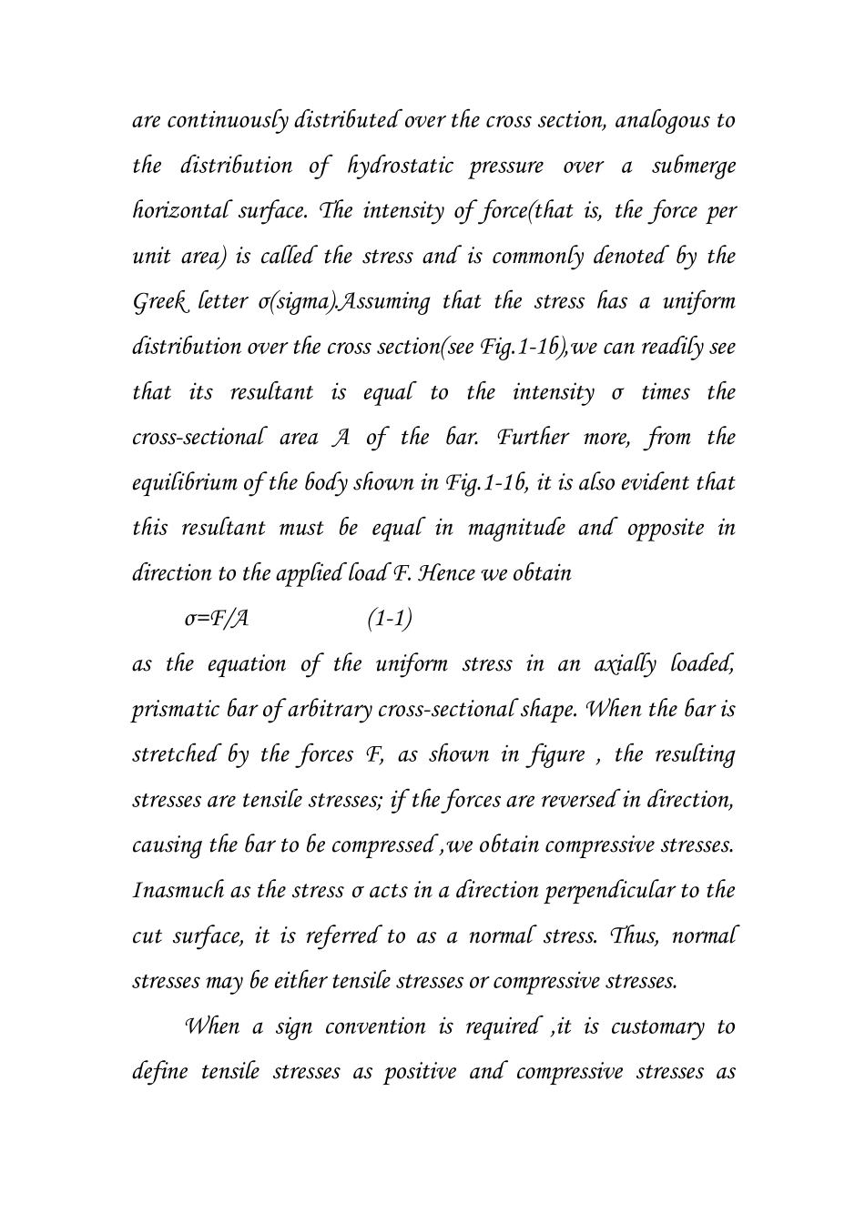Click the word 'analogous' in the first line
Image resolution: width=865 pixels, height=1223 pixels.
657,121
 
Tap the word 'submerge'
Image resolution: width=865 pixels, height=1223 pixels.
694,167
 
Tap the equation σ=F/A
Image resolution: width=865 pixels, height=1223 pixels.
217,620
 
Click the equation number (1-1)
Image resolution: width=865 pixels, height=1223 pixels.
390,620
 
